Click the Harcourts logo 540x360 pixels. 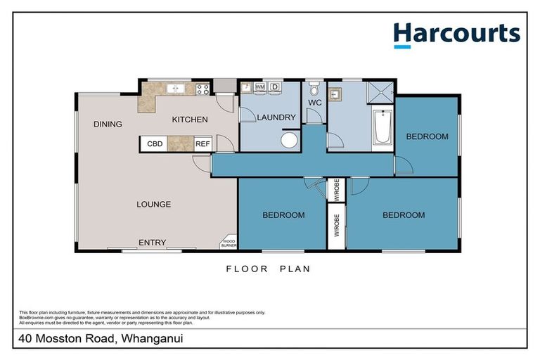click(456, 34)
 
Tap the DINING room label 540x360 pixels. click(108, 124)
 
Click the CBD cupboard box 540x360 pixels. click(155, 143)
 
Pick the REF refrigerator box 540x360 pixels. click(202, 143)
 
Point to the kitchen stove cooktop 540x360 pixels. click(202, 89)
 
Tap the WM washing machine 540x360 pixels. click(259, 86)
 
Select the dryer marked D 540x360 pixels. click(275, 86)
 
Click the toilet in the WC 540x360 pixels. click(314, 91)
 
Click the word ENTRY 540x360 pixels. click(152, 243)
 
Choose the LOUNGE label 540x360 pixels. click(153, 205)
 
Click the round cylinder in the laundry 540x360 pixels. click(288, 140)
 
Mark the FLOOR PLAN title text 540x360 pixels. click(268, 269)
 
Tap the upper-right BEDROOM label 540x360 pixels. click(427, 136)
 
